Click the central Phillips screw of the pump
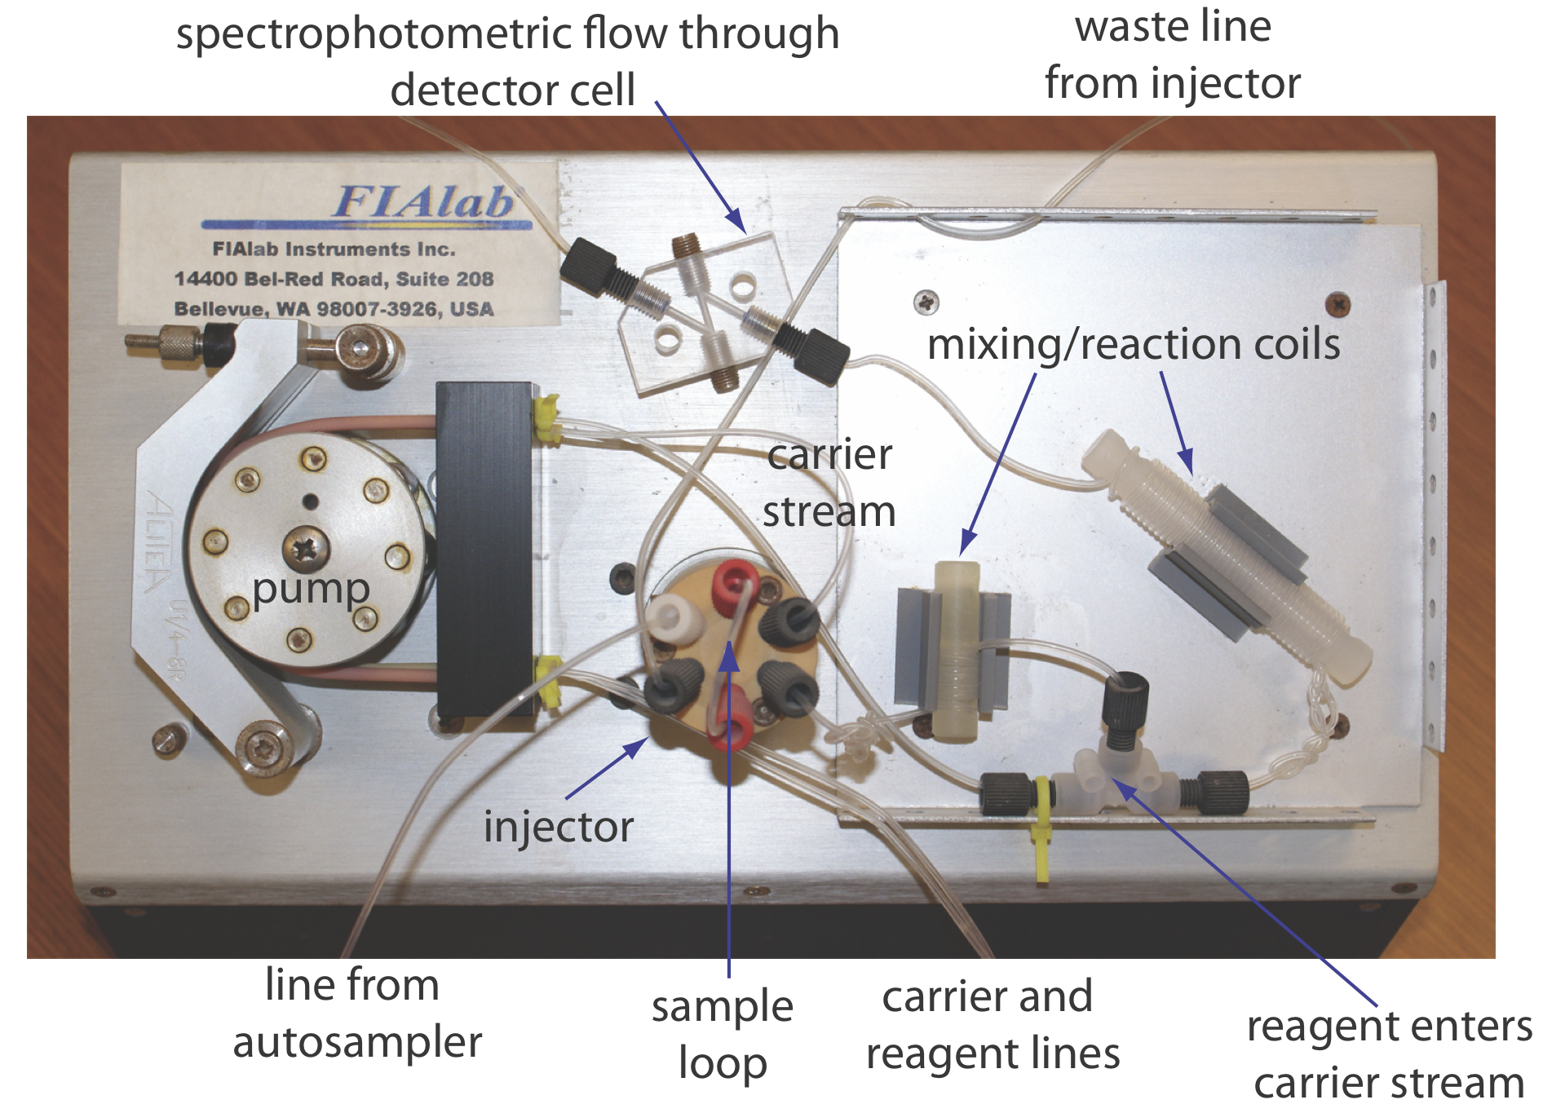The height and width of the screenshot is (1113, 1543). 306,545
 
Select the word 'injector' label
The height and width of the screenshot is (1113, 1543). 558,827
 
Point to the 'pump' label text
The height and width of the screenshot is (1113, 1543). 311,589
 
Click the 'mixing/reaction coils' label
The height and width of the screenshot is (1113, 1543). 1134,344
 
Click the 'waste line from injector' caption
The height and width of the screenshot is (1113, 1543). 1172,55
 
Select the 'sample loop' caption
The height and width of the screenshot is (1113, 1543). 723,1034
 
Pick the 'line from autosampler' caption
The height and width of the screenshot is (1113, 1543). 356,1013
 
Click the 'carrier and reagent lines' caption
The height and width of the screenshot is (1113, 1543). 993,1024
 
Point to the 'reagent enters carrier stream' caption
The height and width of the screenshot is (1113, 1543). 1389,1053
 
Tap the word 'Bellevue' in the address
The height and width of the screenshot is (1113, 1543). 218,309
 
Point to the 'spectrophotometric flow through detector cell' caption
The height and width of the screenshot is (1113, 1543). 508,61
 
